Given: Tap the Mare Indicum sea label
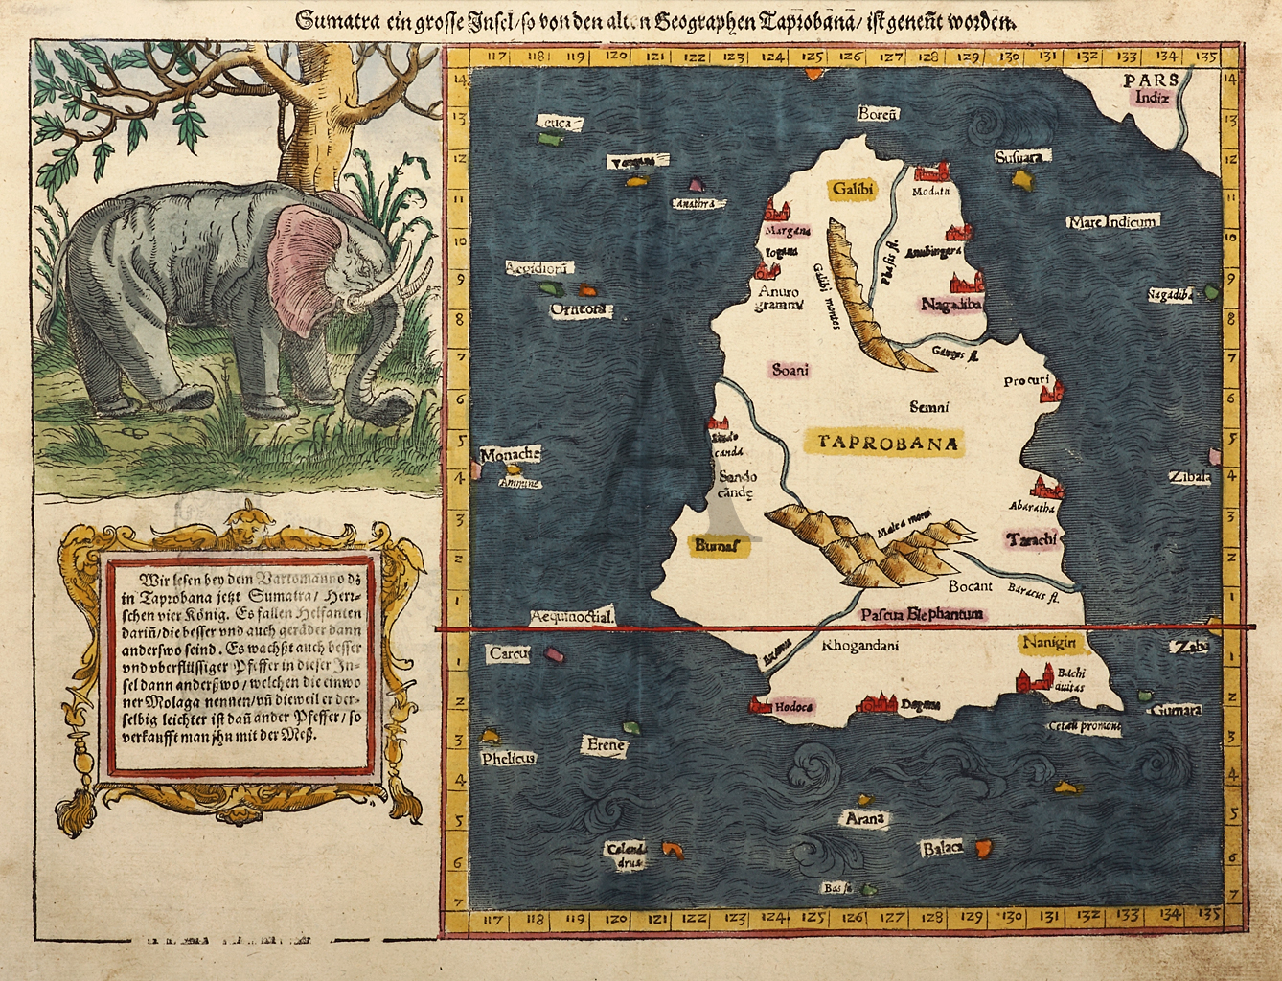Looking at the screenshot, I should (1112, 222).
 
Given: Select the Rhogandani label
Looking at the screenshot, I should (859, 645).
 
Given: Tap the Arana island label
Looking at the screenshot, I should (863, 818).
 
